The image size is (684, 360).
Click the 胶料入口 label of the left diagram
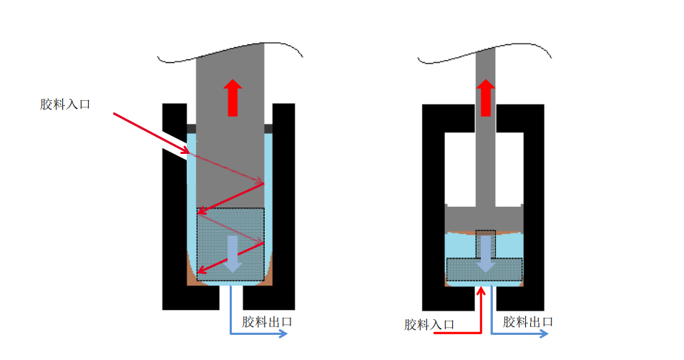(65, 104)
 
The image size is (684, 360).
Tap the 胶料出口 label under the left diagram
(267, 322)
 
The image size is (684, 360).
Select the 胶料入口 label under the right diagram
(429, 325)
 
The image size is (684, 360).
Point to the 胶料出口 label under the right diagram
(528, 322)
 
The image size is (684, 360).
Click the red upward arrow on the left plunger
(233, 98)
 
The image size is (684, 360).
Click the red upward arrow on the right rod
(486, 98)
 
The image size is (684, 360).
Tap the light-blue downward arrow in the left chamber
(233, 254)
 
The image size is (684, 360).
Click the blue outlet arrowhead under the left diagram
(283, 334)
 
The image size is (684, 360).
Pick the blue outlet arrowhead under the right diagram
(544, 334)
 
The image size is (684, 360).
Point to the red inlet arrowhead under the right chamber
(481, 291)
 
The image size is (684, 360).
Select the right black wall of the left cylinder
(283, 205)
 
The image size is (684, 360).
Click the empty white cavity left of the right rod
(460, 168)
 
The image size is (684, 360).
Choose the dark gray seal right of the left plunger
(268, 129)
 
